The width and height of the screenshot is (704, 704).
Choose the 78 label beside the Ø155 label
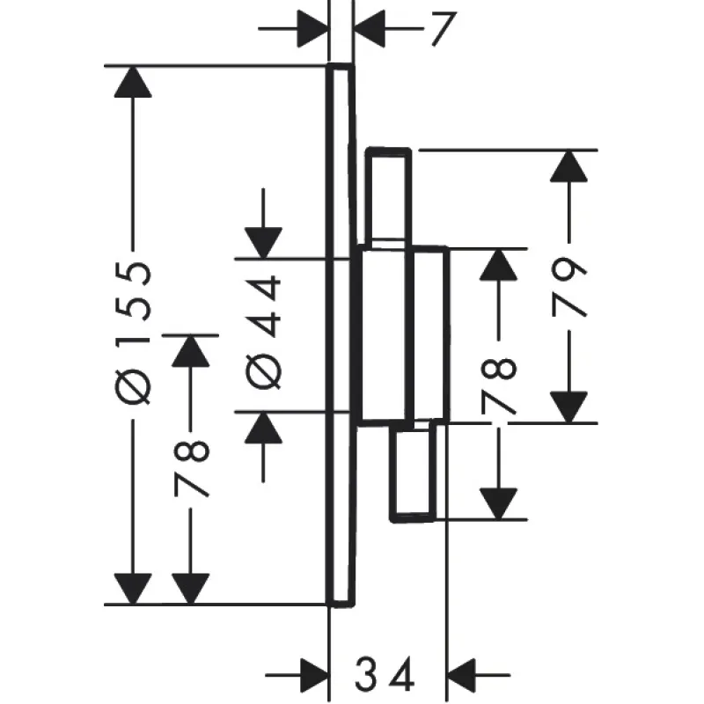[x=191, y=466]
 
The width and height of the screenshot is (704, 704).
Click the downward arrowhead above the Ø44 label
[x=264, y=241]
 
